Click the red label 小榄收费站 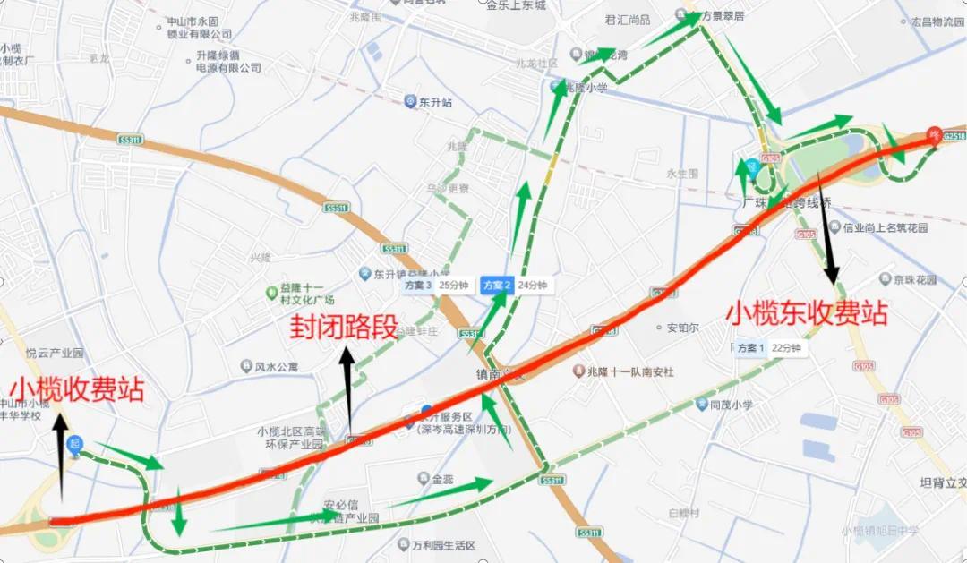point(77,389)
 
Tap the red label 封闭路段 point(343,327)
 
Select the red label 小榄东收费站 point(807,313)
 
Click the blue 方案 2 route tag point(496,286)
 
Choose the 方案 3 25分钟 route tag point(436,286)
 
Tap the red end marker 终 point(935,135)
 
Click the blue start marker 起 point(75,444)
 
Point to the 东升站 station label point(431,102)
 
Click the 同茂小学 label point(723,405)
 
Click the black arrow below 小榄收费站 point(61,456)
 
